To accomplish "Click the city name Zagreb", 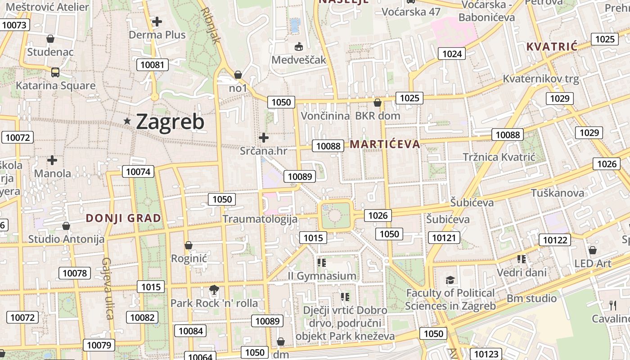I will tap(170, 122).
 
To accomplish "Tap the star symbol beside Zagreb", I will tap(128, 121).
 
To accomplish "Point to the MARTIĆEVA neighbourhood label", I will tap(385, 144).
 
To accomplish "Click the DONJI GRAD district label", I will tap(123, 218).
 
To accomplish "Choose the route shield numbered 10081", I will tap(153, 65).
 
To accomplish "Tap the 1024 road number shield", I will tap(452, 54).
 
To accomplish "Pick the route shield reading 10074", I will tap(138, 171).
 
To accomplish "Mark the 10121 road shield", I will tap(444, 238).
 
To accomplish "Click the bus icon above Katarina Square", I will tap(55, 72).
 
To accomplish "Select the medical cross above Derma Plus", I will tap(157, 21).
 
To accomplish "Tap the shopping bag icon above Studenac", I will tap(50, 39).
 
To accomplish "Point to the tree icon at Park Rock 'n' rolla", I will tap(214, 290).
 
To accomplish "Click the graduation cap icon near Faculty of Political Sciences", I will tap(450, 280).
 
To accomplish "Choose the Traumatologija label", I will tap(260, 219).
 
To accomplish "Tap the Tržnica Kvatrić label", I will tap(499, 157).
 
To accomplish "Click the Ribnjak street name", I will tap(211, 25).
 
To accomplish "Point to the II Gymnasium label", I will tap(322, 275).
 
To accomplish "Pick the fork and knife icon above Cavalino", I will tap(613, 306).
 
